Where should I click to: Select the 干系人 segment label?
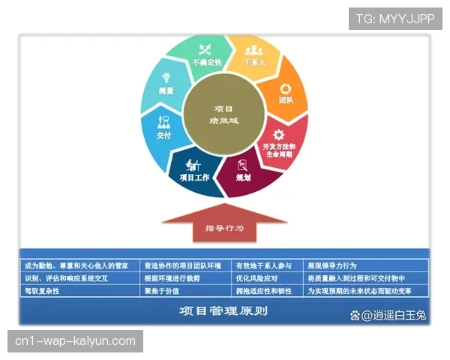click(255, 63)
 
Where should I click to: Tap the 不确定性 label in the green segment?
click(207, 62)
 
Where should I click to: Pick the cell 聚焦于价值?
click(162, 290)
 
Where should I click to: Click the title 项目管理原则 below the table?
click(223, 310)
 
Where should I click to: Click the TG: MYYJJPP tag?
click(395, 19)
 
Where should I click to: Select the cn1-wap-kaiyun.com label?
click(75, 341)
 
